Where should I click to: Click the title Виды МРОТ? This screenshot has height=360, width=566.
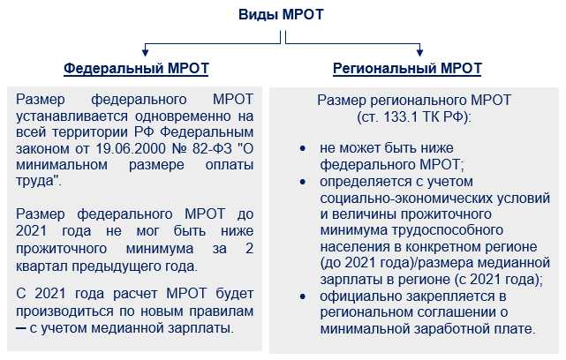(x=283, y=15)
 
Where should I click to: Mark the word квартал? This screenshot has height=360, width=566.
(x=44, y=266)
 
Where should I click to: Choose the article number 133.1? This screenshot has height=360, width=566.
(x=394, y=116)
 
